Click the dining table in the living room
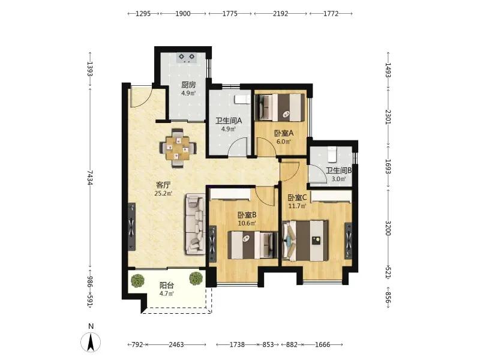coord(178,148)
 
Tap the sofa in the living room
coord(195,224)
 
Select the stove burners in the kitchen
coord(187,58)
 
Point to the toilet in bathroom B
coord(332,154)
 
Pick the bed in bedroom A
coord(280,107)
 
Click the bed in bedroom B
coord(253,245)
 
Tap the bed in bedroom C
coord(305,241)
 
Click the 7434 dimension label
coord(89,178)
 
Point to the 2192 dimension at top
coord(280,13)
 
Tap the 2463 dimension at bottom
coord(176,344)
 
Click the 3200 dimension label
coord(388,228)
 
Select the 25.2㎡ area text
coord(163,193)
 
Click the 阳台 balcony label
coord(167,286)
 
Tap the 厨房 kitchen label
coord(188,85)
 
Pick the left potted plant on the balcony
coord(137,280)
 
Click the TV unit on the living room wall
coord(131,227)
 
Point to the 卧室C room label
coord(297,198)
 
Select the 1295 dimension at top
coord(143,13)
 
